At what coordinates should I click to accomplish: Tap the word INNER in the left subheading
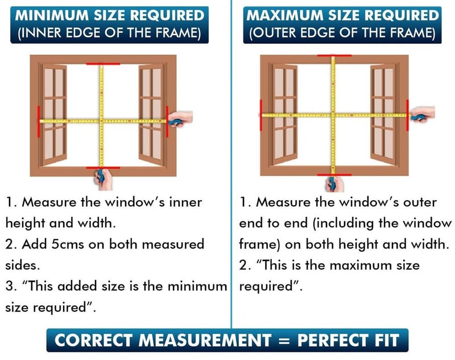pyautogui.click(x=42, y=32)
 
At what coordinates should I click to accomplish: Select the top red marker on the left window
pyautogui.click(x=103, y=64)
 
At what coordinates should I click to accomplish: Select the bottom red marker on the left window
pyautogui.click(x=103, y=168)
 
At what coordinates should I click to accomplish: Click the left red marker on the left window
pyautogui.click(x=39, y=121)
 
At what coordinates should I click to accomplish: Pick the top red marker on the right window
pyautogui.click(x=334, y=55)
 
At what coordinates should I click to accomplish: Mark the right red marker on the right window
pyautogui.click(x=408, y=115)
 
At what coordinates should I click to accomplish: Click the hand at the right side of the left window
pyautogui.click(x=180, y=119)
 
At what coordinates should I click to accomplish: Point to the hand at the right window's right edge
pyautogui.click(x=423, y=114)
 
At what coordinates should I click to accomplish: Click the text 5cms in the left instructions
pyautogui.click(x=68, y=244)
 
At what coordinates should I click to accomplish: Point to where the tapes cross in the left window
pyautogui.click(x=102, y=121)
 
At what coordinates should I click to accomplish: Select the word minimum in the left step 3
pyautogui.click(x=197, y=286)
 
